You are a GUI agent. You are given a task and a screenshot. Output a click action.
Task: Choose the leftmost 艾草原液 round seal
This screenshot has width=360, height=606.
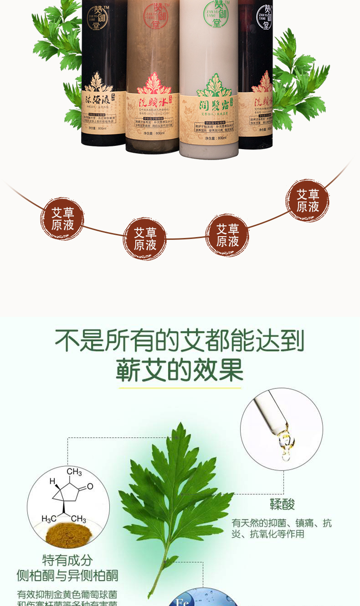[62, 218]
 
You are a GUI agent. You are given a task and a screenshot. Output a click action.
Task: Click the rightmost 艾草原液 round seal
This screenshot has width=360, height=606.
[308, 200]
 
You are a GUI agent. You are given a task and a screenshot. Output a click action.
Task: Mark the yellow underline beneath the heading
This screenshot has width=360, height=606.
[180, 388]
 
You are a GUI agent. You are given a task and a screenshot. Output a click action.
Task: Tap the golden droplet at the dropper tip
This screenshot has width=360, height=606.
[286, 442]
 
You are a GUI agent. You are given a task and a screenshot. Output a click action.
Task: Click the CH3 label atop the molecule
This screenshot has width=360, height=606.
[74, 471]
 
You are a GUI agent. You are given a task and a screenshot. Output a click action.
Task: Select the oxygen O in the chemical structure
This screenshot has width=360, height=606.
[90, 486]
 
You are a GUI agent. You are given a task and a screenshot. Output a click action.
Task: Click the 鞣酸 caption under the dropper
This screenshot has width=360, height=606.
[282, 504]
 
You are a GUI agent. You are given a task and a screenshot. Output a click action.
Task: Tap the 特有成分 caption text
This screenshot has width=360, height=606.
[67, 560]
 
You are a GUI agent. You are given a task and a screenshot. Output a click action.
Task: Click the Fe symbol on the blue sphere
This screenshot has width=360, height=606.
[182, 602]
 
